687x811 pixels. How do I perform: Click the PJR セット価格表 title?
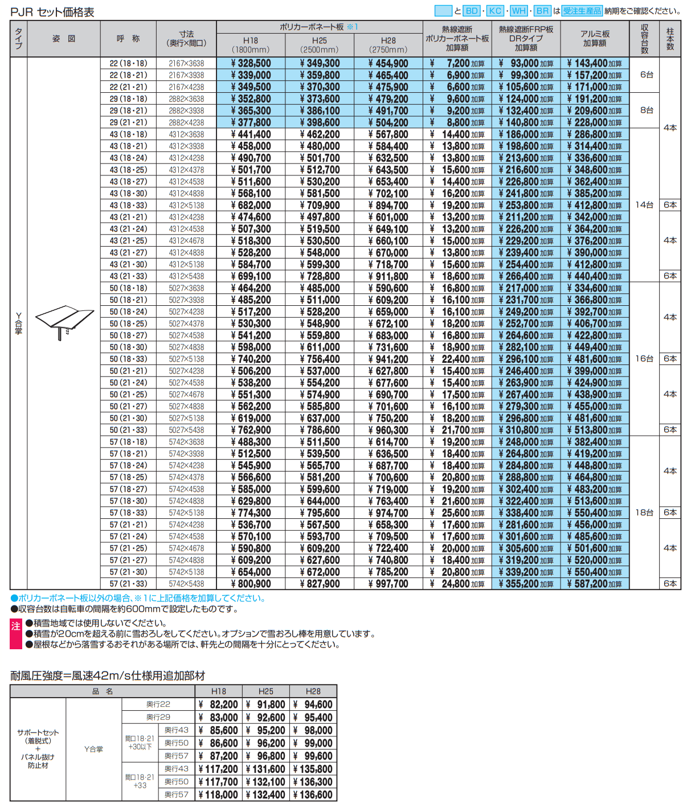[x=52, y=12]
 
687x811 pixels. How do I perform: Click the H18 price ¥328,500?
[x=251, y=63]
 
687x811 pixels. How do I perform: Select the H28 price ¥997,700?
[x=388, y=584]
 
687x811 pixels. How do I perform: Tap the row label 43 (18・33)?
[x=128, y=205]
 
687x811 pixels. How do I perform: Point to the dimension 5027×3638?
[x=186, y=288]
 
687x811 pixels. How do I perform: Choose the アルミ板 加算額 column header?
[x=595, y=39]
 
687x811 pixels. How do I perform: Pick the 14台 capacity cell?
[x=644, y=205]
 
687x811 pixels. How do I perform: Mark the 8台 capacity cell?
[x=646, y=110]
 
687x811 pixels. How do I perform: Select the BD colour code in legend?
[x=472, y=11]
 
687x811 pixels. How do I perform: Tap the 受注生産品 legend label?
[x=582, y=11]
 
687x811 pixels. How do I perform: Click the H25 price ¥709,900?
[x=320, y=206]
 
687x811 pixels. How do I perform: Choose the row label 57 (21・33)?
[x=128, y=584]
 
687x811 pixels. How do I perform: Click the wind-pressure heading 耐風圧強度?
[x=108, y=676]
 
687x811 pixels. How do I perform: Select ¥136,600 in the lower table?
[x=313, y=794]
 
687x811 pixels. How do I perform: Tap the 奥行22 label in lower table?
[x=158, y=704]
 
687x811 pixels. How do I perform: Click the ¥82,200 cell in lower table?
[x=219, y=704]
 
